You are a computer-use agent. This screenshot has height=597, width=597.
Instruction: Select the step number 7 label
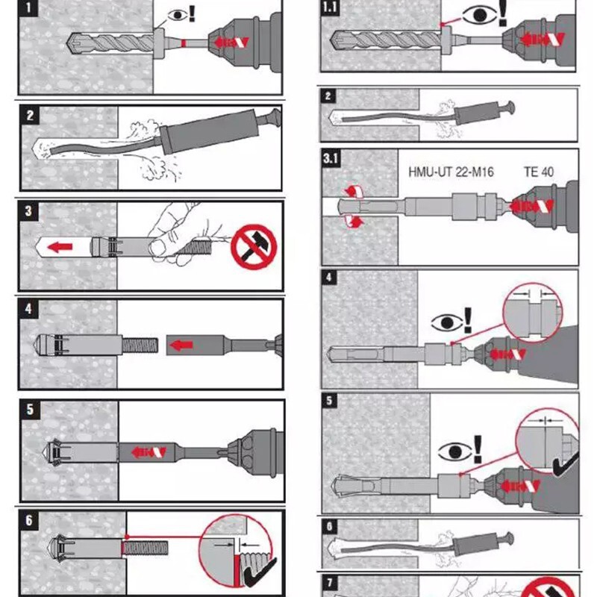(x=330, y=582)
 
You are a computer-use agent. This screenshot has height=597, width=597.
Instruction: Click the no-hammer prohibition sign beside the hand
(x=254, y=248)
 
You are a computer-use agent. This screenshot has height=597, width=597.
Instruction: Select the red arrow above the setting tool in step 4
(x=181, y=345)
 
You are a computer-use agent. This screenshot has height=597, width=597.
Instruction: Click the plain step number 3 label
(x=28, y=210)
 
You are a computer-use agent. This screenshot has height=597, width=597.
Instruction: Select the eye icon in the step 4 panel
(x=446, y=323)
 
